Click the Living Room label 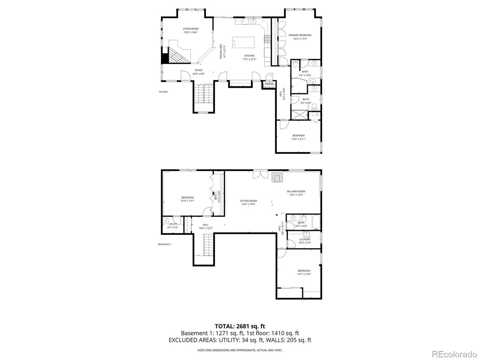click(x=190, y=29)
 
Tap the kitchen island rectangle click(x=243, y=42)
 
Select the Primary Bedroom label click(x=300, y=35)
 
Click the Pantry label click(x=269, y=84)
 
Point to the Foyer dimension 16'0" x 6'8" click(x=198, y=74)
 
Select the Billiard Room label click(x=296, y=191)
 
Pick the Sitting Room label click(x=248, y=201)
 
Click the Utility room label click(x=173, y=224)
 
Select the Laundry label click(x=304, y=239)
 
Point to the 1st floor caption click(x=163, y=91)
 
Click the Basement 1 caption click(x=164, y=244)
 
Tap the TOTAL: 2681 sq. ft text click(x=240, y=326)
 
